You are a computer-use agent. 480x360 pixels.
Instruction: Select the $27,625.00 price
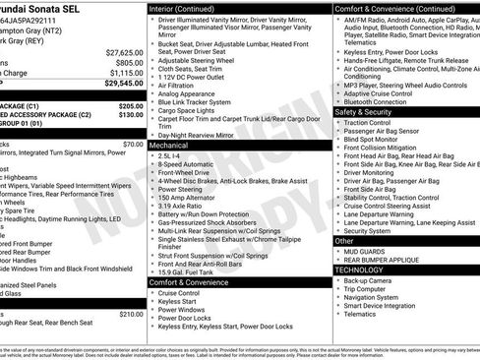(x=124, y=51)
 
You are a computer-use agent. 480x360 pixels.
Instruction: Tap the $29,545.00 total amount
(x=124, y=84)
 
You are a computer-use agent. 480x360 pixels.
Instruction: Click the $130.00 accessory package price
(x=130, y=114)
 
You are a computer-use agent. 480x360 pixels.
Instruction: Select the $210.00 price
(x=130, y=314)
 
